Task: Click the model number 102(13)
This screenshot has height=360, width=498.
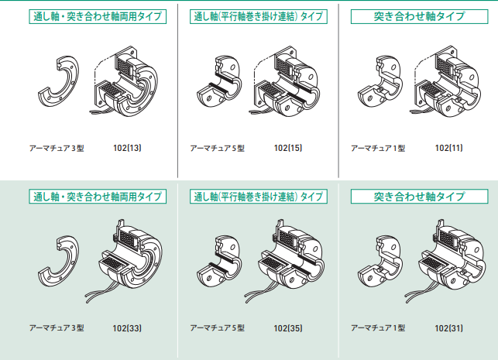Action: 127,147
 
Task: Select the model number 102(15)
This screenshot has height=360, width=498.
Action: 289,147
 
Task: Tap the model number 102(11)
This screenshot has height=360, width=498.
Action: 448,147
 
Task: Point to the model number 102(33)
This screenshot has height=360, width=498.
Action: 127,327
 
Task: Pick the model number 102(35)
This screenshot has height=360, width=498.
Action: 289,327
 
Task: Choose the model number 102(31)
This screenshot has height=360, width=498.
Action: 448,327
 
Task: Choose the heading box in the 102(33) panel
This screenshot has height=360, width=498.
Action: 96,197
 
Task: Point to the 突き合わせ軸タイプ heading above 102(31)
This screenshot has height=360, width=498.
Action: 419,197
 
